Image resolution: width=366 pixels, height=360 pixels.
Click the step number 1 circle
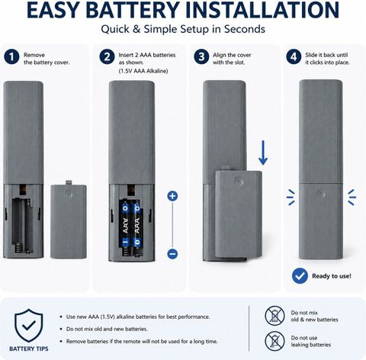(x=11, y=57)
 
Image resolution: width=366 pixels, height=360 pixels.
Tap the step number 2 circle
(x=107, y=57)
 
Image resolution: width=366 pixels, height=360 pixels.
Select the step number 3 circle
(x=201, y=57)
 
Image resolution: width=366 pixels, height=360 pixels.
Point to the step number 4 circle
(x=294, y=57)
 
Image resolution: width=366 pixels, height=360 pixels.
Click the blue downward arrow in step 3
(x=263, y=153)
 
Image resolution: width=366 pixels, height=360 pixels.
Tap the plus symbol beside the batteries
(x=172, y=196)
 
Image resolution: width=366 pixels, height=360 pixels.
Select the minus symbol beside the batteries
(x=172, y=254)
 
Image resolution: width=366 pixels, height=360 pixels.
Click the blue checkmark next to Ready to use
(x=300, y=276)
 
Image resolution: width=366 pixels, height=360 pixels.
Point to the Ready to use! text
(x=332, y=276)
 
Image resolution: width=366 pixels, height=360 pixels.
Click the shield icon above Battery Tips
(x=29, y=326)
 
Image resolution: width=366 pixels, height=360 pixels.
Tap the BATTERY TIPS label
(x=29, y=349)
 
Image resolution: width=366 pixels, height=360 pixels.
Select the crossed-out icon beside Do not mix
(x=274, y=316)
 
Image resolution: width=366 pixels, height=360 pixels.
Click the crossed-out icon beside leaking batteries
(x=274, y=341)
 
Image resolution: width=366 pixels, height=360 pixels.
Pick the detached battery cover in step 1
(x=69, y=220)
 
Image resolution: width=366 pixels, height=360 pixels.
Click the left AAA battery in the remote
(x=125, y=224)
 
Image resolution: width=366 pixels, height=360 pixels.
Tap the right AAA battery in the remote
(x=137, y=224)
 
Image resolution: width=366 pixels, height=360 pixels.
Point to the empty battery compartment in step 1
(x=23, y=225)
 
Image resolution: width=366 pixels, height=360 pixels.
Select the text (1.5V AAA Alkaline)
(x=143, y=71)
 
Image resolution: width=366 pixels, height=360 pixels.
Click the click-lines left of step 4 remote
(x=291, y=198)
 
